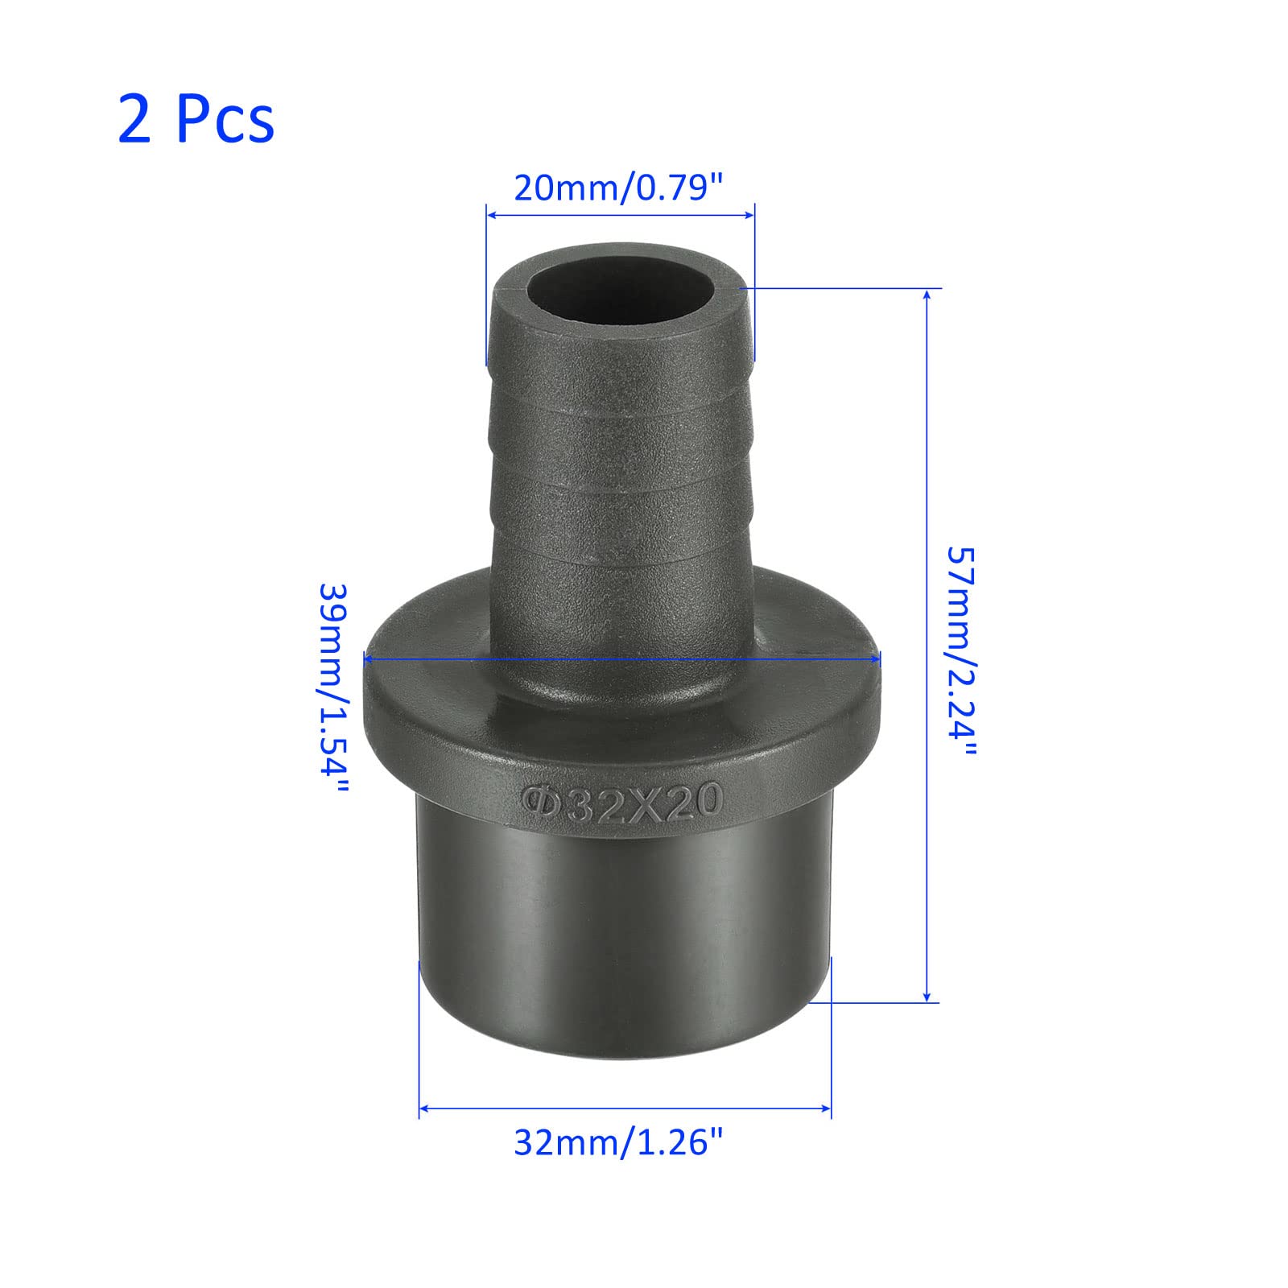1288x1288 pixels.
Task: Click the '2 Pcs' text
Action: [x=196, y=119]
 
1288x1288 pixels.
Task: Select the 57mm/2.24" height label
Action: [x=960, y=652]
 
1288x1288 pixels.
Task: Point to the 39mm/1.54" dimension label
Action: [x=333, y=690]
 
